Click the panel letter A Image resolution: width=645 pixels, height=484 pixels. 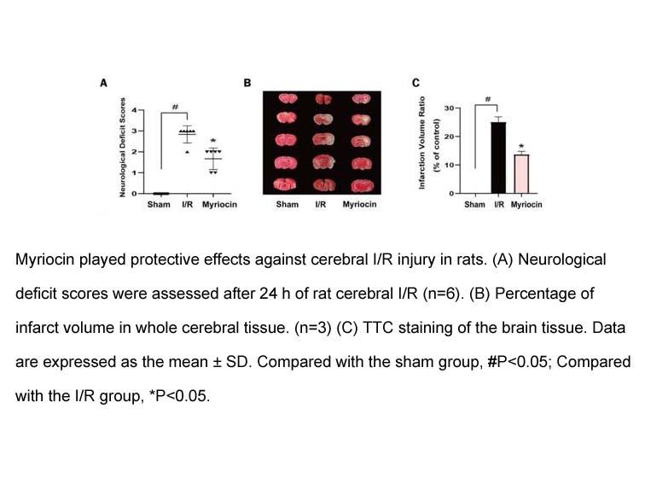coord(104,83)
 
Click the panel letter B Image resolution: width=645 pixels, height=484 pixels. coord(247,83)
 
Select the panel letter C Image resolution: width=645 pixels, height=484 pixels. coord(415,83)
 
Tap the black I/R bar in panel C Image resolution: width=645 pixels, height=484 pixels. coord(498,158)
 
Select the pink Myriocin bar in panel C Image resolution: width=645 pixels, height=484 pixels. coord(521,174)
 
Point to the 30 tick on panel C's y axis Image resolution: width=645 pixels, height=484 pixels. coord(449,108)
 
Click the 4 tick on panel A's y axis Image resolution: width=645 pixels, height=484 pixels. coord(134,110)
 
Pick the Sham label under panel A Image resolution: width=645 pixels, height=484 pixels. coord(159,205)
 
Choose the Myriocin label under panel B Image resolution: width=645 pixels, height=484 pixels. coord(359,205)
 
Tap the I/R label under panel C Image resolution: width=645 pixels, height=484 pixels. coord(499,205)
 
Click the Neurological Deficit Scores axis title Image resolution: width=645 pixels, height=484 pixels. coord(122,148)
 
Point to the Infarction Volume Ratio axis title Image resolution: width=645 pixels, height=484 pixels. coord(421,143)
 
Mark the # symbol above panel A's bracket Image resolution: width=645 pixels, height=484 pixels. coord(175,107)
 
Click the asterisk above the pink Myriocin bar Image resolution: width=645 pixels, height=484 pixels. coord(521,146)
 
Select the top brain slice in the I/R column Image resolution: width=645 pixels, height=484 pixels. coord(323,99)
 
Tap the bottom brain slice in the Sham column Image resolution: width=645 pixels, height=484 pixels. coord(286,184)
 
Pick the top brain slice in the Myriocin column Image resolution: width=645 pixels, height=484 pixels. coord(361,99)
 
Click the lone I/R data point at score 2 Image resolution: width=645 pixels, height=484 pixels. coord(187,152)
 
